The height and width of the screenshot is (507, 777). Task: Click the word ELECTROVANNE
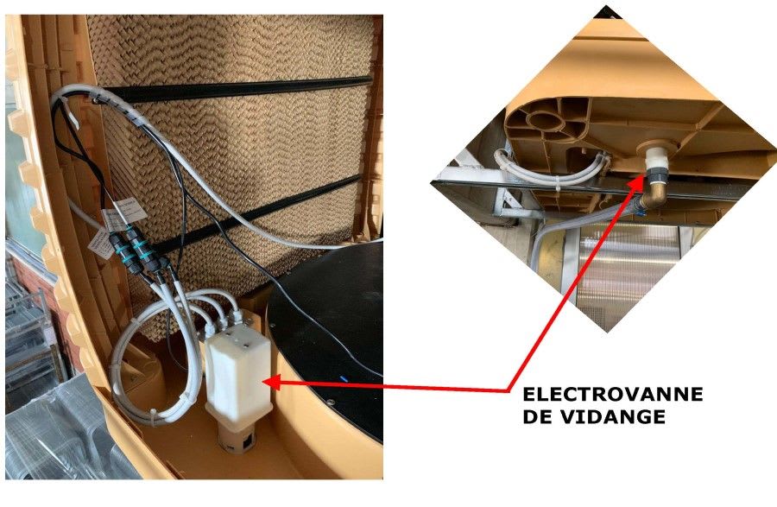coord(612,394)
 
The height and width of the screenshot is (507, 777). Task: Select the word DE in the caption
coord(539,417)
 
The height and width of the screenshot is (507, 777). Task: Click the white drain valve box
coord(239,374)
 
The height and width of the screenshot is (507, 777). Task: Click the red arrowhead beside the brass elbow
coord(636,181)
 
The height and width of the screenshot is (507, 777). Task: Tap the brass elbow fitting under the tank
coord(652,193)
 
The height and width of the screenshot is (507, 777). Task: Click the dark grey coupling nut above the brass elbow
coord(657,176)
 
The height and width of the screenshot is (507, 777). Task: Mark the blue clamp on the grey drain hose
coord(640,213)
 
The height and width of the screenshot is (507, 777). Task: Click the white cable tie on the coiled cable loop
coord(152,417)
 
